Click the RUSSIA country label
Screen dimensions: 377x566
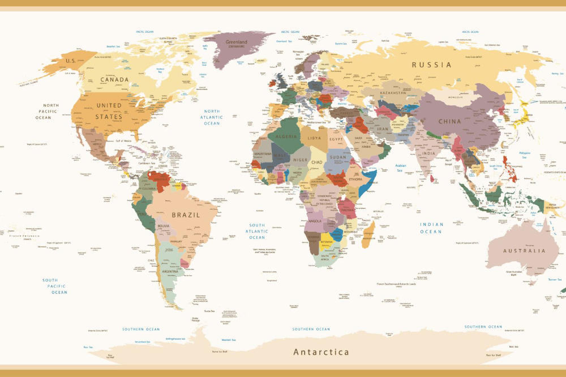pos(431,65)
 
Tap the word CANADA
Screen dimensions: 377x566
pos(114,80)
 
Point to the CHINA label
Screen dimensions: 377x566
pos(449,121)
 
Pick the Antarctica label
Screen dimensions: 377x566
pos(321,352)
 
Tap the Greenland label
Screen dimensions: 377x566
pos(236,42)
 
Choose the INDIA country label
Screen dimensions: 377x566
pos(428,153)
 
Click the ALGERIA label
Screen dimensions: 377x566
pos(286,136)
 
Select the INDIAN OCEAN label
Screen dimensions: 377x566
pos(431,228)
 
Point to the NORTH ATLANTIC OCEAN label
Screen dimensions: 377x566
pos(212,117)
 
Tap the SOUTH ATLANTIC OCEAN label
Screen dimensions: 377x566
pos(258,231)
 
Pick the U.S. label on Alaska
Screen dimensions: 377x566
pos(71,61)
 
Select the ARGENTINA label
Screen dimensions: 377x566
pos(171,271)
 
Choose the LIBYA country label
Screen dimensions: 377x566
pos(314,138)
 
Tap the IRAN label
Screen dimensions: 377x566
pos(383,128)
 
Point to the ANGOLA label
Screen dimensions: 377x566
pos(315,221)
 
